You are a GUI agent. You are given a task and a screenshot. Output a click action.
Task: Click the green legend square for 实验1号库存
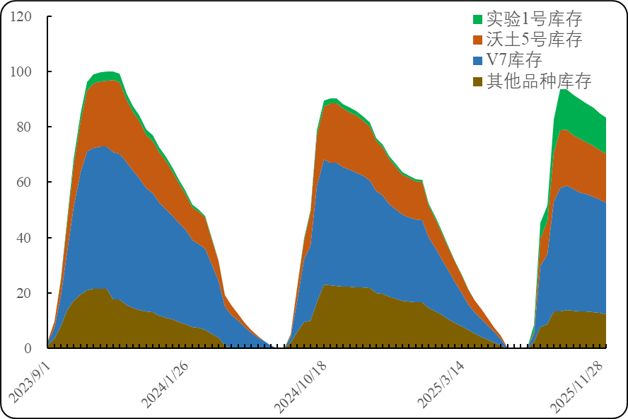click(477, 19)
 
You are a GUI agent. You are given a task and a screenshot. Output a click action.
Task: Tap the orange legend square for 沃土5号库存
click(477, 40)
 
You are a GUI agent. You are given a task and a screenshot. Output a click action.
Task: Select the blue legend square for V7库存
click(477, 60)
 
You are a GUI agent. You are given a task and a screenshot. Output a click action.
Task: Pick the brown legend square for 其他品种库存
click(477, 81)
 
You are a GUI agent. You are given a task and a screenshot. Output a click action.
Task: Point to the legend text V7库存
click(514, 60)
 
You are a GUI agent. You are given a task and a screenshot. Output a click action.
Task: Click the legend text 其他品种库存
click(539, 81)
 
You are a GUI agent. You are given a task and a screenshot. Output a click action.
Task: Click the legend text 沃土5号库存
click(534, 40)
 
